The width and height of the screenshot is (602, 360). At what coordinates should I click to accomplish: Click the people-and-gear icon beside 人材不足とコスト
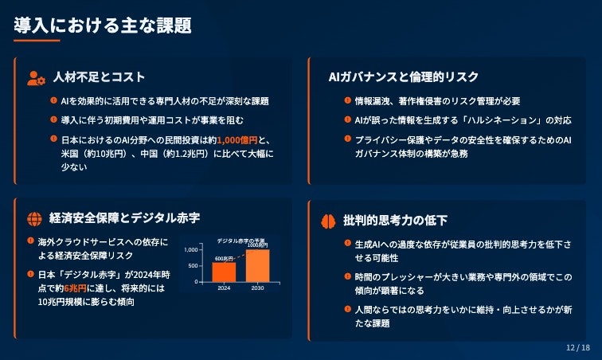click(36, 77)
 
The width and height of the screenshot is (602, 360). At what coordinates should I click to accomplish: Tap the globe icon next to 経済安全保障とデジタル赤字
click(34, 218)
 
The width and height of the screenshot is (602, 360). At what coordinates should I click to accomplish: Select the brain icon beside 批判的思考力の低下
click(328, 220)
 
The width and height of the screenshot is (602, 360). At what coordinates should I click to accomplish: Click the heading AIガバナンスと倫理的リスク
click(404, 77)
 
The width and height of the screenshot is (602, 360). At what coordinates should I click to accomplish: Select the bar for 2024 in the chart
click(224, 272)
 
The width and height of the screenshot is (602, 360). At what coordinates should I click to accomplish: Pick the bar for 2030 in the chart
click(257, 265)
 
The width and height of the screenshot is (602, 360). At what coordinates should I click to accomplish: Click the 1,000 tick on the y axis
click(190, 249)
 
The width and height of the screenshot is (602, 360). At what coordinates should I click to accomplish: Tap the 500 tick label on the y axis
click(193, 266)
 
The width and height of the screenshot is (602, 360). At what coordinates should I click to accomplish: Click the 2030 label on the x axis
click(257, 288)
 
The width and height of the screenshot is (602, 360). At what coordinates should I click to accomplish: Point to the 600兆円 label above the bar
click(224, 258)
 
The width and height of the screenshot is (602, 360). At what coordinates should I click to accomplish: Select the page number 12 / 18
click(577, 348)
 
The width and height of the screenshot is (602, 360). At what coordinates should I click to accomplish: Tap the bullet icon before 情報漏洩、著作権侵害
click(347, 101)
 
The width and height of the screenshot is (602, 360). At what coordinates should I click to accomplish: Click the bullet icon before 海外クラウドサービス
click(29, 241)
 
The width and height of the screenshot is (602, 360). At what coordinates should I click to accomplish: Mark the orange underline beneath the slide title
click(37, 41)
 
